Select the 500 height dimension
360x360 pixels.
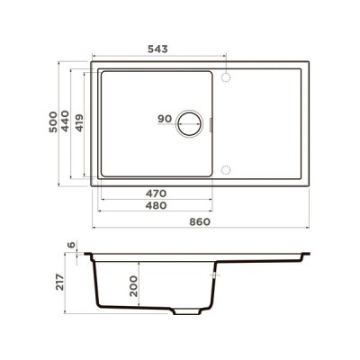tap(53, 121)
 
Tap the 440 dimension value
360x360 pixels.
tap(67, 122)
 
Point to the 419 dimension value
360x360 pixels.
tap(79, 122)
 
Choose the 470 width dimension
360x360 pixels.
tap(158, 193)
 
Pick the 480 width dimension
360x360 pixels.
tap(158, 205)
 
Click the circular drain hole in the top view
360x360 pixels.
tap(192, 123)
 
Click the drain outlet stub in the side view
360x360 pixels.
tap(186, 312)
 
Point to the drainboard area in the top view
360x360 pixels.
tap(265, 123)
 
